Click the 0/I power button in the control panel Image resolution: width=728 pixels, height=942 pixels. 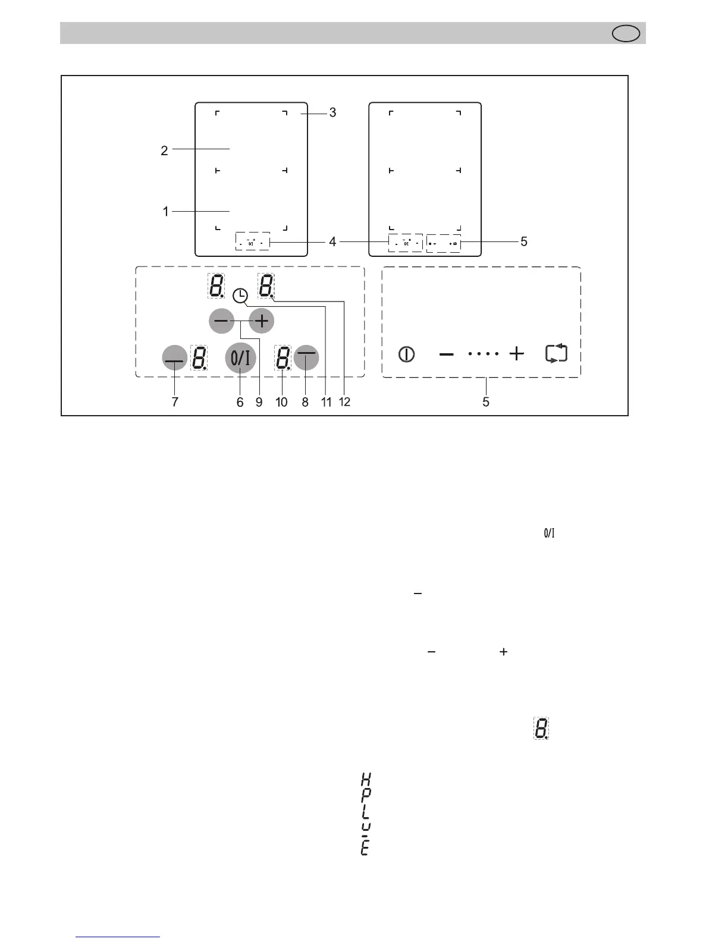240,357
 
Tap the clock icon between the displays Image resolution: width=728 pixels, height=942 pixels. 240,295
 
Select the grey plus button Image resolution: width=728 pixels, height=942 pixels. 261,321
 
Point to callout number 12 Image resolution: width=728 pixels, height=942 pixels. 344,402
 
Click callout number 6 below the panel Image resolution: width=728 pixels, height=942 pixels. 240,402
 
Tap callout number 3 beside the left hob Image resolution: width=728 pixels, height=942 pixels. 332,112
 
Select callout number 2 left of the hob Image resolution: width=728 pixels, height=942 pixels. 164,150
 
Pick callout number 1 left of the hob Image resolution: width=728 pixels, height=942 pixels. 165,211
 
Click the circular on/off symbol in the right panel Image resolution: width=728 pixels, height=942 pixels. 406,354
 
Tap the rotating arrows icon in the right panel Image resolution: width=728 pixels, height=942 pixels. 556,354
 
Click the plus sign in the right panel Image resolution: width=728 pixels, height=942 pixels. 517,354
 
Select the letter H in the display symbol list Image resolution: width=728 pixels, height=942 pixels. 366,778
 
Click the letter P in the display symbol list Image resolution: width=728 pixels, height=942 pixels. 366,794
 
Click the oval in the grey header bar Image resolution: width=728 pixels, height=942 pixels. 626,33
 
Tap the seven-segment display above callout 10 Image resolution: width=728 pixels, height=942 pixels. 283,359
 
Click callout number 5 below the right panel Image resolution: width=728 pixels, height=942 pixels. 486,402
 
